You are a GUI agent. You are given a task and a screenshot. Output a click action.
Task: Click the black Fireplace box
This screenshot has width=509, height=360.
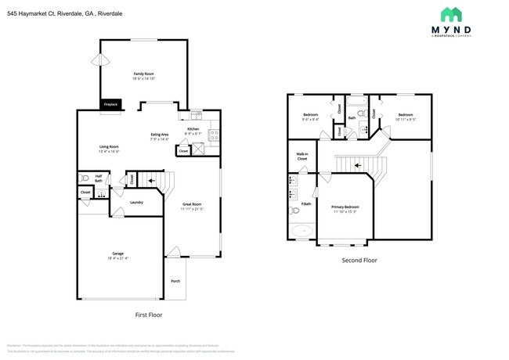tap(110, 104)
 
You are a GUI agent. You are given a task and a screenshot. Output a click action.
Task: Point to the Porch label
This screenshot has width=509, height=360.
tap(175, 282)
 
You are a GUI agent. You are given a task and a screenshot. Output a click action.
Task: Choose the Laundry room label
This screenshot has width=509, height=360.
tap(136, 202)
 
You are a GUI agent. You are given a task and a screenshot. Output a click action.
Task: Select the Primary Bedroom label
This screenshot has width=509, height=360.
tap(345, 209)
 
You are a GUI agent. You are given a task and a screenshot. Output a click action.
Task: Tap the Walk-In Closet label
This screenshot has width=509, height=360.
tap(302, 157)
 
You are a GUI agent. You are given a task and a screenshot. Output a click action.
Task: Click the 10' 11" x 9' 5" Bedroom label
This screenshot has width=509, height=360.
tap(405, 117)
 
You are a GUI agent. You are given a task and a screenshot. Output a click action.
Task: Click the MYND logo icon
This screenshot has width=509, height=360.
tap(450, 14)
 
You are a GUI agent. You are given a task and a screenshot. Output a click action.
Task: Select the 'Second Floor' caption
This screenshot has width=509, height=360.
tap(359, 260)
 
